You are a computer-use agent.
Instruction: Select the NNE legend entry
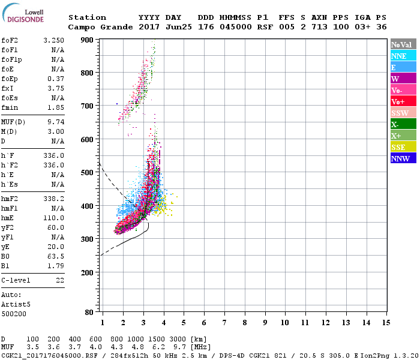click(399, 56)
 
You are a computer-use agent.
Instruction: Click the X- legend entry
click(395, 124)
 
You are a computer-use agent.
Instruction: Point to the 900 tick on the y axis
click(88, 40)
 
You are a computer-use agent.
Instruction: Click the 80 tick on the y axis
click(89, 313)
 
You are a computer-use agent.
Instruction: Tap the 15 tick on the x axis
click(386, 323)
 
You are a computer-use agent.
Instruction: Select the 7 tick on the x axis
click(224, 323)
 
